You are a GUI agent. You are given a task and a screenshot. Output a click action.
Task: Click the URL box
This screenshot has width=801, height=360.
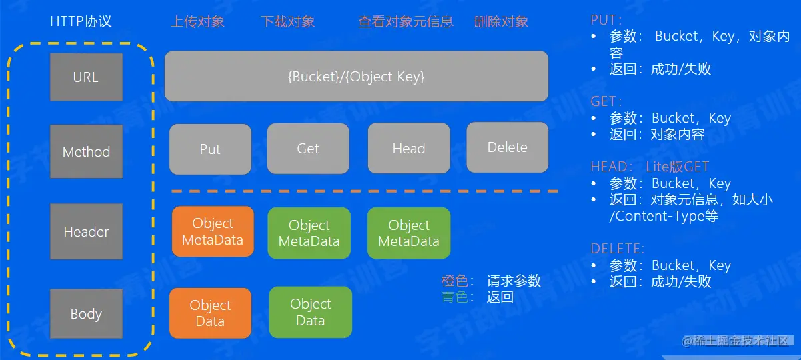(x=86, y=77)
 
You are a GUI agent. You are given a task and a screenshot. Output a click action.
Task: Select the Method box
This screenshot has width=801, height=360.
(x=86, y=151)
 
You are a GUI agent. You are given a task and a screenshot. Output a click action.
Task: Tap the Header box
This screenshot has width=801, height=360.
(x=86, y=232)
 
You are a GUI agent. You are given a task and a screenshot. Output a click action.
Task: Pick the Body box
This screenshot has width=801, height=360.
(x=86, y=314)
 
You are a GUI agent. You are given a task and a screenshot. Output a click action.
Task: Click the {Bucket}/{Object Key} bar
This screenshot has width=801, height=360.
(x=356, y=76)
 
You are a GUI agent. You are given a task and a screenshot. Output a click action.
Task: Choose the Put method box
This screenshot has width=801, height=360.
(x=210, y=149)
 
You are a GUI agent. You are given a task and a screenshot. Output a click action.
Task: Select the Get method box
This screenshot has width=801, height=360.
(x=308, y=149)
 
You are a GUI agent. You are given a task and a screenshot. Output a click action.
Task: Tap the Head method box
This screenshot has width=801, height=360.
(x=409, y=149)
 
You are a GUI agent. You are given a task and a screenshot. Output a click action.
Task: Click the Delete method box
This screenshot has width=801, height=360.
(x=507, y=147)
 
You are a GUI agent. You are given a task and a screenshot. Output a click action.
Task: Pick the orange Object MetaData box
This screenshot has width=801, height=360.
(x=213, y=231)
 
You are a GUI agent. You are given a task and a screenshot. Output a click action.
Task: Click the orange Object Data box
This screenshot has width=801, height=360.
(x=210, y=313)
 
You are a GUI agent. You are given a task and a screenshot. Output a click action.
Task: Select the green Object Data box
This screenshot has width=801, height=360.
(x=310, y=312)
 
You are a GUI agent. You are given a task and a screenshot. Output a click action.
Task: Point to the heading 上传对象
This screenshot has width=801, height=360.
(x=197, y=21)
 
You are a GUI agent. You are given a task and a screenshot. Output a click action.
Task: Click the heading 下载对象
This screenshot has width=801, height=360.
(x=287, y=21)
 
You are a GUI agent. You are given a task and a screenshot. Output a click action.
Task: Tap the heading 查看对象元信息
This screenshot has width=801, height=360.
(x=406, y=21)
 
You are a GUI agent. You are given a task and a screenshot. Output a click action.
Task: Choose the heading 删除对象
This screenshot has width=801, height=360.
(x=501, y=21)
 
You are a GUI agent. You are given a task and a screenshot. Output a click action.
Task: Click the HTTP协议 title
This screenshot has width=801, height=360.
(x=81, y=21)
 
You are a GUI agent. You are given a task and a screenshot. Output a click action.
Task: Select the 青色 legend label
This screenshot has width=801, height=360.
(x=455, y=297)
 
